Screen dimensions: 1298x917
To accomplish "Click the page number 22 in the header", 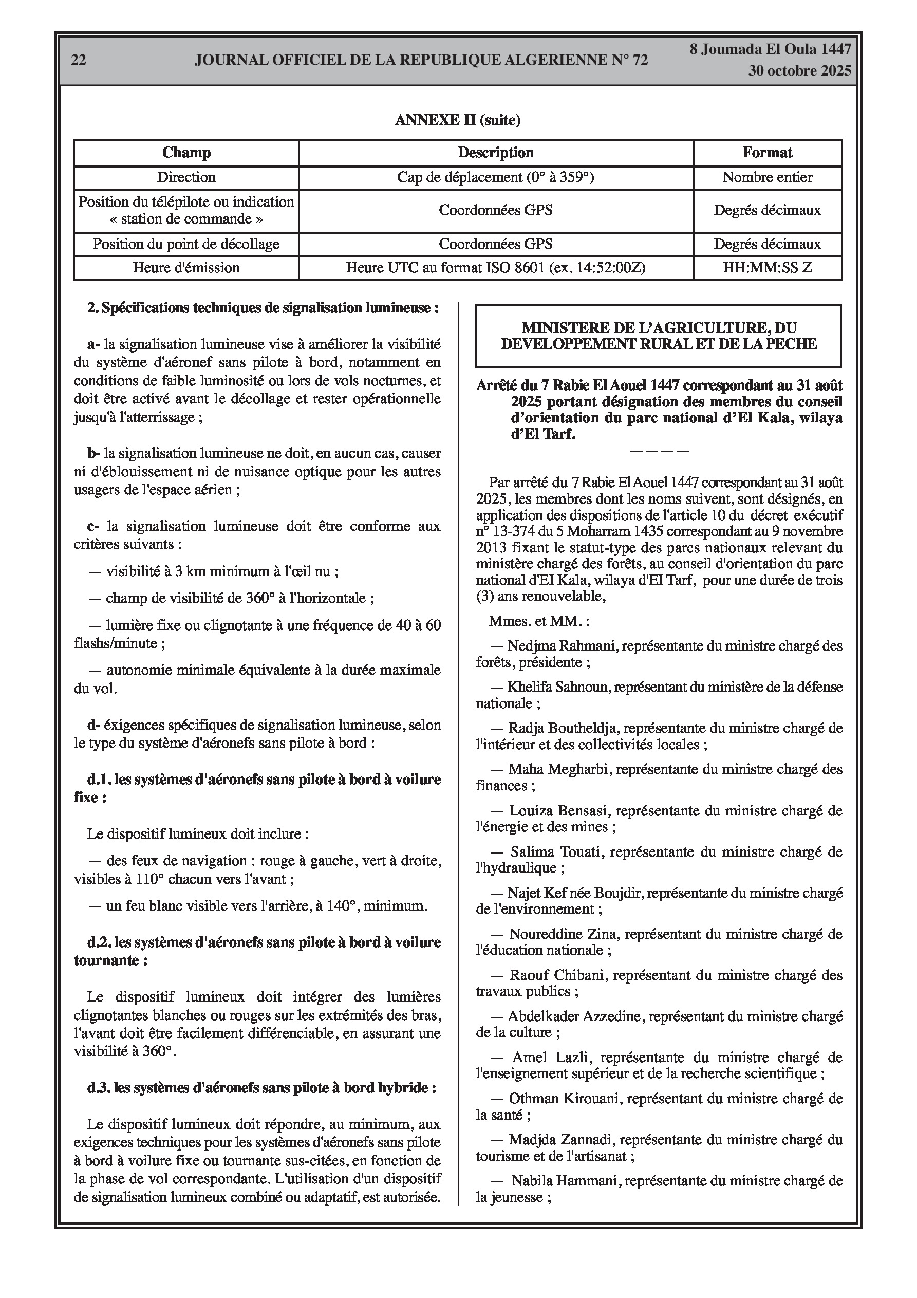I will tap(79, 60).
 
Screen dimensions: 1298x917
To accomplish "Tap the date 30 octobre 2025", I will tap(799, 71).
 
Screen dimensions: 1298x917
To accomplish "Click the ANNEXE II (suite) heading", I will tap(457, 120).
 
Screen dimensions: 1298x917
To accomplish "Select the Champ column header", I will tap(186, 153).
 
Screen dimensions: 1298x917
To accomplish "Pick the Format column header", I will tap(767, 153).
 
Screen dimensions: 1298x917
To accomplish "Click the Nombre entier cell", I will tap(767, 177).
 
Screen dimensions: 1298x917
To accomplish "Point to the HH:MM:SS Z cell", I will tap(767, 268).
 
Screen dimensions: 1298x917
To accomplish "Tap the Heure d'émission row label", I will tap(186, 268).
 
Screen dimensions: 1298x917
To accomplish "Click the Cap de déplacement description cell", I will tap(495, 177).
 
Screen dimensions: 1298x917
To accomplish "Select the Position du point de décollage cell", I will tap(186, 244).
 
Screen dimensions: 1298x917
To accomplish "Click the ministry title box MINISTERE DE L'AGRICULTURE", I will tap(659, 336).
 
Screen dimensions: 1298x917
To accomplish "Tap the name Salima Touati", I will tap(557, 852).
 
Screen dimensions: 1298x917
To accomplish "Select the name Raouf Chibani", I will tap(558, 975).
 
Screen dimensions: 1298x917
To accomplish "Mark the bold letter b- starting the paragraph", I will tap(94, 453).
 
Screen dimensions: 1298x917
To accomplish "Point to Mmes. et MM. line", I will tap(539, 621).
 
